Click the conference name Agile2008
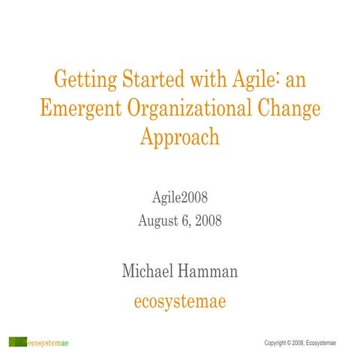tap(180, 199)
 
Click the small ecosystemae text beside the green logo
tap(49, 343)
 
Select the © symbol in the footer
tap(292, 343)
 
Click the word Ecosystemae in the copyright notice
tap(324, 343)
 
